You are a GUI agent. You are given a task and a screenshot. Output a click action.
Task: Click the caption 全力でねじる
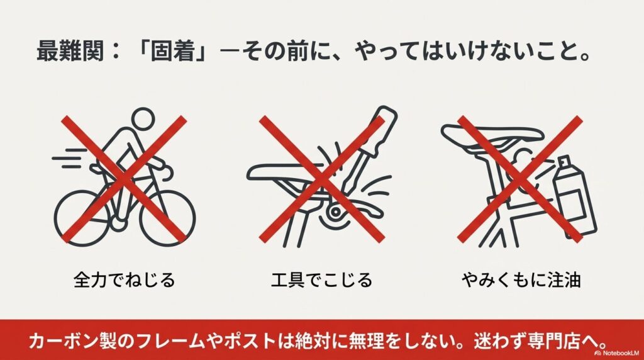(x=124, y=279)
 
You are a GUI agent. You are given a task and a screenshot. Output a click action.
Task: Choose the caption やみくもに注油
(x=519, y=279)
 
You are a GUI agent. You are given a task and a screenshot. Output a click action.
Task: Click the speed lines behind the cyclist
(x=67, y=157)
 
